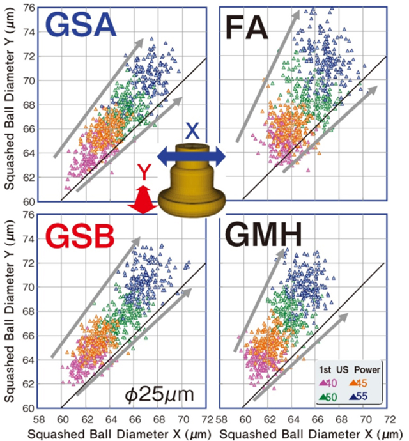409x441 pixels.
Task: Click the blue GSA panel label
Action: point(79,26)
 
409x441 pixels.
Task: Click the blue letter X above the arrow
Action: point(191,131)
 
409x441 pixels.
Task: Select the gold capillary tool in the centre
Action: point(192,182)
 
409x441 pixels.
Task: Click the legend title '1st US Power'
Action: point(350,369)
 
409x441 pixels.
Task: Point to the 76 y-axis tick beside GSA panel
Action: point(27,8)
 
